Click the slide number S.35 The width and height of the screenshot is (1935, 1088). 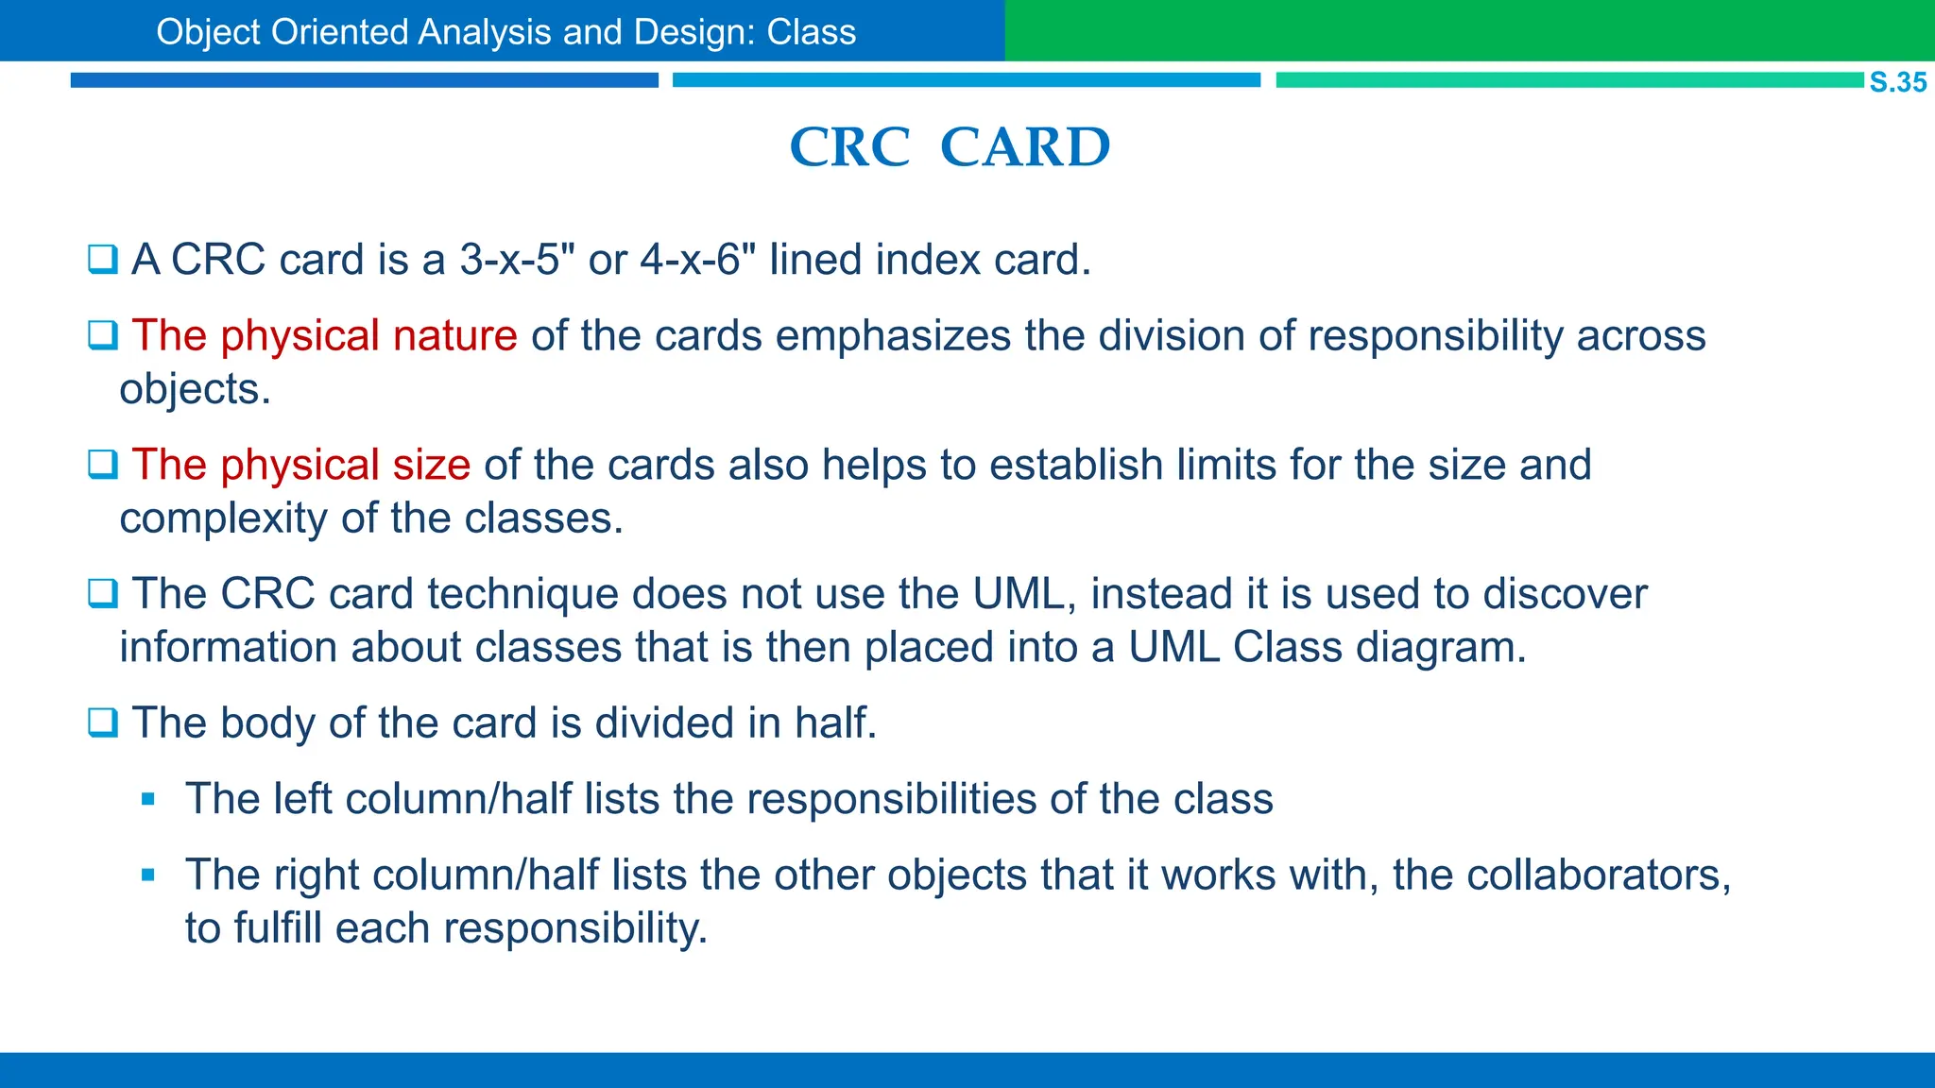1897,82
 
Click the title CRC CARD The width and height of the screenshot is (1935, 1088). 950,147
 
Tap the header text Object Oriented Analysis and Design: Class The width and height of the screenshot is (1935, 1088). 505,32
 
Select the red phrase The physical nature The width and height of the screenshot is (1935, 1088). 324,336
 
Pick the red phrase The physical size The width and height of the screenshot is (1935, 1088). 300,466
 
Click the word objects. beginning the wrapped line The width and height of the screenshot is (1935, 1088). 195,390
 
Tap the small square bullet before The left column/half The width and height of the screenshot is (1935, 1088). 147,800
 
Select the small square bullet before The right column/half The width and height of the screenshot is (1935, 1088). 147,875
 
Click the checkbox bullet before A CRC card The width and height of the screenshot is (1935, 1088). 102,260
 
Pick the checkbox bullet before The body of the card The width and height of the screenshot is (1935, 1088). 102,723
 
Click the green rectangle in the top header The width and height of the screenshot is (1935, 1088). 1468,30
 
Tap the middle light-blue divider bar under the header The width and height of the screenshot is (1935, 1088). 966,80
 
